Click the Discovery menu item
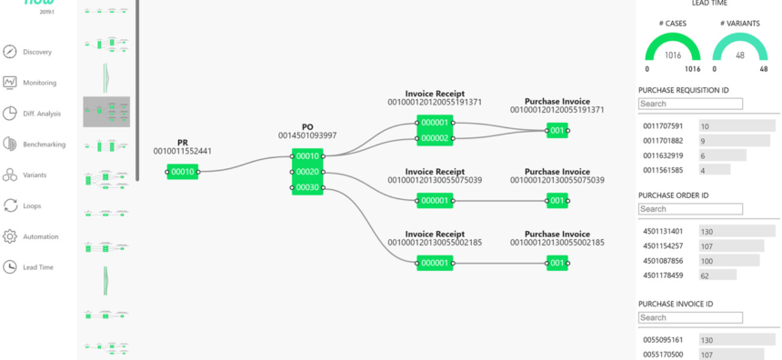(36, 52)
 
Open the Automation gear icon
(10, 236)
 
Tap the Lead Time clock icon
(10, 267)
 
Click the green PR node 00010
(183, 171)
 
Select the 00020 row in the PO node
(307, 172)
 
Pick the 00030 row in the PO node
(307, 187)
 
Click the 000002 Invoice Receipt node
(434, 138)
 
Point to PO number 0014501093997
(307, 135)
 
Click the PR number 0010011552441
(183, 151)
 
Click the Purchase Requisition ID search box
(690, 104)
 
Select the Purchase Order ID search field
(690, 209)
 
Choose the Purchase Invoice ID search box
(690, 317)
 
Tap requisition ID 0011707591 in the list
(663, 126)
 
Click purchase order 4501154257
(663, 246)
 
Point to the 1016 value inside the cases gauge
(672, 55)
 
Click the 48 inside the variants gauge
(739, 55)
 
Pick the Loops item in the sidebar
(36, 205)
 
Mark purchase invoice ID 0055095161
(663, 339)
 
